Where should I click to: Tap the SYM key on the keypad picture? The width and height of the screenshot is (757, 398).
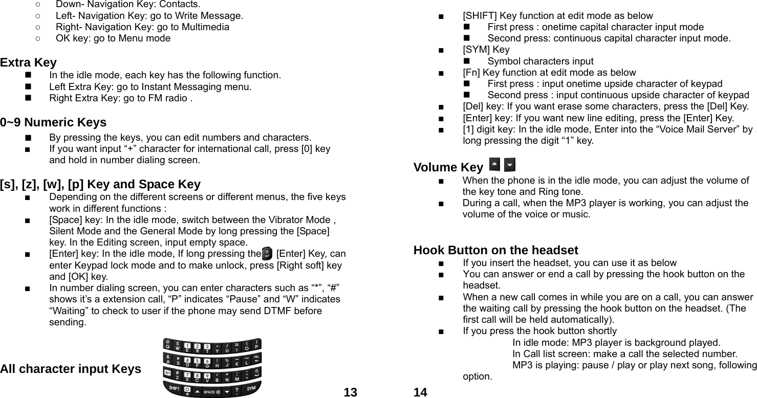click(251, 389)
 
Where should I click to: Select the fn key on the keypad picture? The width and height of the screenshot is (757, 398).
click(167, 373)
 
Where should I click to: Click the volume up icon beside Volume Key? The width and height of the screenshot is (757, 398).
click(495, 165)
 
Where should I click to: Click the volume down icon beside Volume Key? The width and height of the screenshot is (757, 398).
click(509, 165)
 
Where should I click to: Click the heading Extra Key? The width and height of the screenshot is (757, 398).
click(29, 63)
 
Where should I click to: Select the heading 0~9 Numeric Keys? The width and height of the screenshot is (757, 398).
click(53, 123)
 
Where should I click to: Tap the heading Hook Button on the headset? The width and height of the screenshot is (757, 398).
click(495, 250)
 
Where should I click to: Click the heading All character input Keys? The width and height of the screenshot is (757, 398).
click(71, 369)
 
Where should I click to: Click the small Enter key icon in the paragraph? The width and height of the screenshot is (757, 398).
click(267, 253)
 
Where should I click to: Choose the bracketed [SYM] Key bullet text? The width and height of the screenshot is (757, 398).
click(486, 50)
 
